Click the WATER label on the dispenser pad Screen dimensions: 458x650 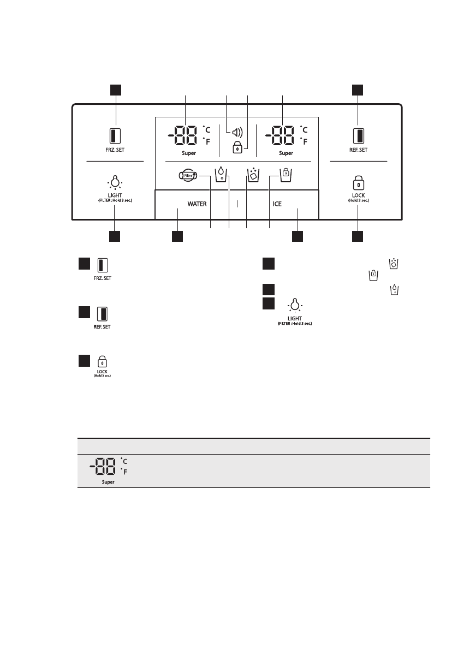[x=197, y=204]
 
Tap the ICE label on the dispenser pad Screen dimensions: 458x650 [x=277, y=204]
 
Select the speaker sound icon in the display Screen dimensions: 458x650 [x=236, y=132]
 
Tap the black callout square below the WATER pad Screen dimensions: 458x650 [x=177, y=236]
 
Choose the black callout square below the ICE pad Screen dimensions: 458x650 [x=298, y=236]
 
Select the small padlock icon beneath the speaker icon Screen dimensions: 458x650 [x=237, y=147]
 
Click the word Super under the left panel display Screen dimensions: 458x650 [x=189, y=153]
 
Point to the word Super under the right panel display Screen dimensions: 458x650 [x=286, y=153]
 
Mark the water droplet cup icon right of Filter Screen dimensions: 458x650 [x=221, y=175]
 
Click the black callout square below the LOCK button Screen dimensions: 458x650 [x=357, y=236]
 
